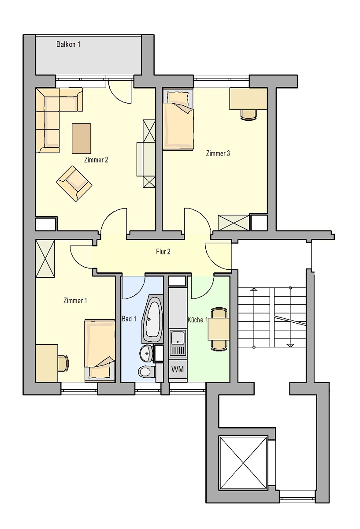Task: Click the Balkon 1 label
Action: click(68, 44)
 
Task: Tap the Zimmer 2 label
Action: click(96, 160)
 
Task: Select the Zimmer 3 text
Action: click(218, 153)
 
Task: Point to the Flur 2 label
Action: click(163, 252)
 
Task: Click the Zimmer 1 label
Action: click(75, 301)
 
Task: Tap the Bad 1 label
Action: click(129, 319)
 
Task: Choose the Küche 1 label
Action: click(197, 320)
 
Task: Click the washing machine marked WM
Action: click(178, 369)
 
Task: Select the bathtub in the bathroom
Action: click(152, 319)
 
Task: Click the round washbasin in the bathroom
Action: click(147, 354)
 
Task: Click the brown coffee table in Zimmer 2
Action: click(82, 138)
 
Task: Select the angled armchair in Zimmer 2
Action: click(74, 183)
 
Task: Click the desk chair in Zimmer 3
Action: click(249, 115)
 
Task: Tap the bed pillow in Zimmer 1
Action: click(100, 370)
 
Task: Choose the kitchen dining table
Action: click(219, 329)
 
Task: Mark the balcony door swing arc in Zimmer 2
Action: click(116, 97)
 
